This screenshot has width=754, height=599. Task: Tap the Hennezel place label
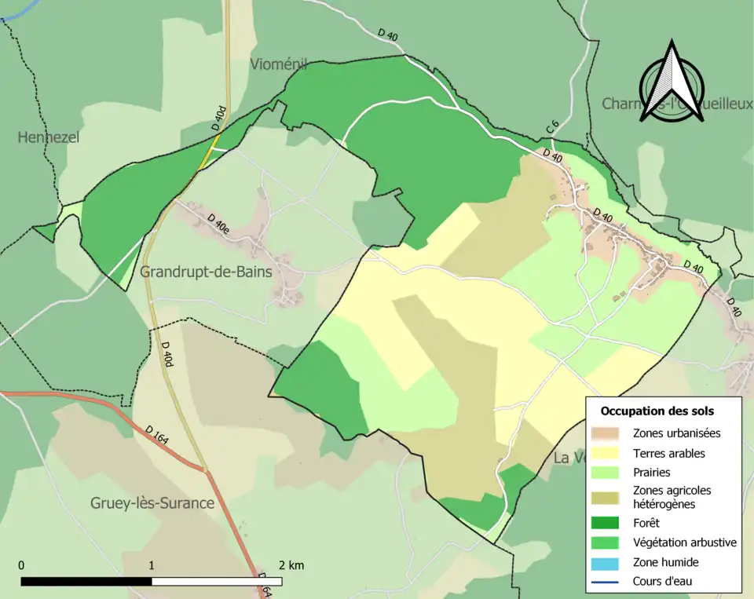point(49,137)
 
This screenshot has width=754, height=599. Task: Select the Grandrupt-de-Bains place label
point(206,272)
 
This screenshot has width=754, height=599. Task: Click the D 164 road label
point(157,436)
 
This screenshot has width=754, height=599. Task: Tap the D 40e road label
point(218,224)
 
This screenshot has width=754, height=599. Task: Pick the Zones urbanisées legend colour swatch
point(606,433)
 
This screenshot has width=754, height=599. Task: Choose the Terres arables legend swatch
point(606,453)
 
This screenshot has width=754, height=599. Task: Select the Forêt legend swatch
point(606,523)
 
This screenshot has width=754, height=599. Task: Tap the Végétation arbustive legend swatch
point(606,542)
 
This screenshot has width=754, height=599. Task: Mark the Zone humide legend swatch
point(606,562)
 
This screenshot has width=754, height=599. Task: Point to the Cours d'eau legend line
point(606,582)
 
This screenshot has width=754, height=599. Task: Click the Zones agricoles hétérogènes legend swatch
point(606,497)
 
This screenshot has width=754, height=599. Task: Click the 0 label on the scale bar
point(21,565)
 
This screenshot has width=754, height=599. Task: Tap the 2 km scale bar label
point(291,565)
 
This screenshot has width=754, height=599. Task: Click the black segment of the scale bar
point(86,582)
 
